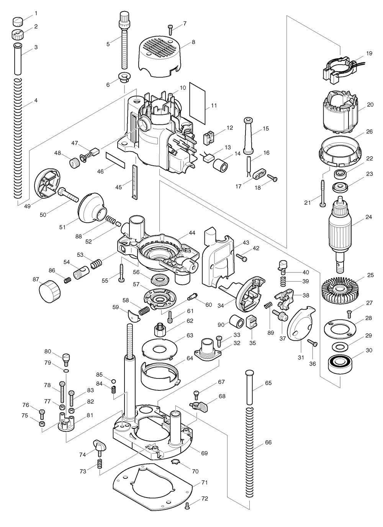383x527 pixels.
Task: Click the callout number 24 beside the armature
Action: pos(368,217)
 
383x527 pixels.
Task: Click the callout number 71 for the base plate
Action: pos(204,483)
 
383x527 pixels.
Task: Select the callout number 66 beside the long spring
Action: pos(268,443)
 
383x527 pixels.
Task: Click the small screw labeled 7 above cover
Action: pos(171,28)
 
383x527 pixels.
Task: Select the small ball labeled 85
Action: pos(113,381)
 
